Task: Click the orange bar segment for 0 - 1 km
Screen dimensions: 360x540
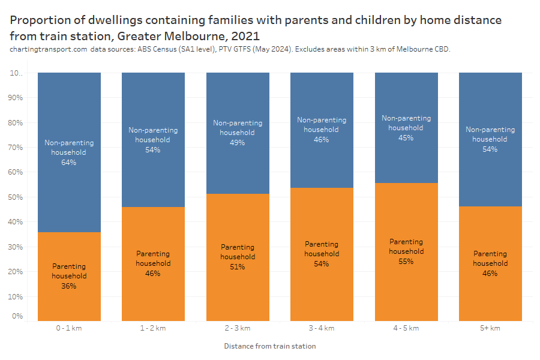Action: pyautogui.click(x=69, y=300)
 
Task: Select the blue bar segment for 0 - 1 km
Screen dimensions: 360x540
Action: pyautogui.click(x=69, y=108)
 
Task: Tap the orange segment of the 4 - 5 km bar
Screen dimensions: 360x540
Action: pyautogui.click(x=406, y=288)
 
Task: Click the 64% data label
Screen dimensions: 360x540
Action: pyautogui.click(x=69, y=162)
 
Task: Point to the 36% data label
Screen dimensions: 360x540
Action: pyautogui.click(x=69, y=286)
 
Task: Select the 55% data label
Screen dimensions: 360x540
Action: pyautogui.click(x=406, y=261)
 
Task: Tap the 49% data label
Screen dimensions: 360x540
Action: pyautogui.click(x=238, y=142)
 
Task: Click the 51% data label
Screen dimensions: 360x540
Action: pyautogui.click(x=238, y=266)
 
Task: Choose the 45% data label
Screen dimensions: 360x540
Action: pyautogui.click(x=406, y=137)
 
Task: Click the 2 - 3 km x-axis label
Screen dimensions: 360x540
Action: pyautogui.click(x=238, y=328)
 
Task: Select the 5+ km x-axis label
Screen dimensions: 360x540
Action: pyautogui.click(x=490, y=328)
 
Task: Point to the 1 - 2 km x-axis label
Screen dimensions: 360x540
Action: pyautogui.click(x=153, y=328)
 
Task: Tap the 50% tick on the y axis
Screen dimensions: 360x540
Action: pyautogui.click(x=16, y=197)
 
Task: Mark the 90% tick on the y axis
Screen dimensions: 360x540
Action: pyautogui.click(x=16, y=98)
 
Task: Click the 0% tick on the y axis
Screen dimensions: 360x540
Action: pyautogui.click(x=18, y=316)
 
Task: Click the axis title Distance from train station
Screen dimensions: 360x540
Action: pyautogui.click(x=270, y=346)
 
